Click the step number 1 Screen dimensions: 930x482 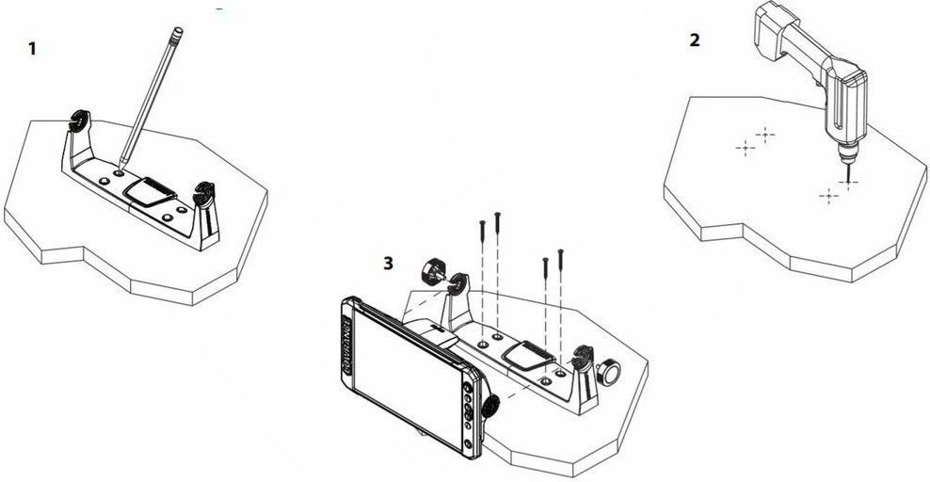[32, 49]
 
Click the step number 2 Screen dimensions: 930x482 [695, 40]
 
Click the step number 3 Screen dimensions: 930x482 [388, 263]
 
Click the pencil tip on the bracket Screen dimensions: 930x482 [120, 168]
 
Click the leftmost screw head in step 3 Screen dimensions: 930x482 [482, 222]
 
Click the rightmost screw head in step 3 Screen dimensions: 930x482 [560, 251]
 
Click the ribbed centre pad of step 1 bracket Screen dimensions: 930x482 [150, 191]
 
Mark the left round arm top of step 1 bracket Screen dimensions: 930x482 [79, 120]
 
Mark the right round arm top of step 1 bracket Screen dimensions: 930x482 [204, 194]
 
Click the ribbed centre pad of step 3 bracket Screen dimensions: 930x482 [529, 356]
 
